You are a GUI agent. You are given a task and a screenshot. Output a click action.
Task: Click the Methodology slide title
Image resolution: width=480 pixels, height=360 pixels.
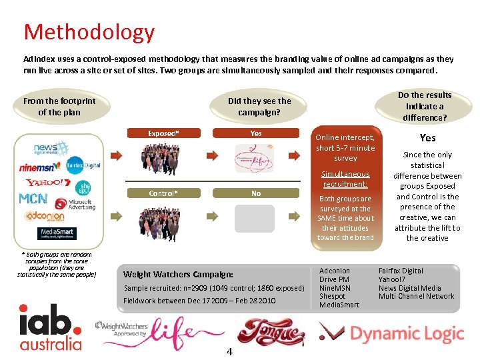pyautogui.click(x=89, y=32)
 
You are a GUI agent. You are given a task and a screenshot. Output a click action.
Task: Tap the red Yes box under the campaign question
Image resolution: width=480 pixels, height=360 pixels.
pyautogui.click(x=255, y=133)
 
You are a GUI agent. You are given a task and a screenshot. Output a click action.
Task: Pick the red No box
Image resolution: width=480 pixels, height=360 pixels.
pyautogui.click(x=255, y=193)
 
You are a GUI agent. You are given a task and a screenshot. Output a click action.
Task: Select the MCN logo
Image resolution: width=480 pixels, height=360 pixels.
pyautogui.click(x=33, y=199)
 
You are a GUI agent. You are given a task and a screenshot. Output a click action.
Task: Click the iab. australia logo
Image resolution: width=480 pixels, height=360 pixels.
pyautogui.click(x=51, y=327)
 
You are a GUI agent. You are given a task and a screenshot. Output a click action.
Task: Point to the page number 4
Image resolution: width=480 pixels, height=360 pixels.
pyautogui.click(x=229, y=351)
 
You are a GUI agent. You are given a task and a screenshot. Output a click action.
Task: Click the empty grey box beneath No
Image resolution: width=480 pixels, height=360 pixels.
pyautogui.click(x=254, y=219)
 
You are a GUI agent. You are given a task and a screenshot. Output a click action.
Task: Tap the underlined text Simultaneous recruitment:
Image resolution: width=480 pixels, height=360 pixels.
pyautogui.click(x=345, y=179)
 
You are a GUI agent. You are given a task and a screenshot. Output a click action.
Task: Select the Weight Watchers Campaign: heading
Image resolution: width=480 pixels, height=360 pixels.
pyautogui.click(x=179, y=275)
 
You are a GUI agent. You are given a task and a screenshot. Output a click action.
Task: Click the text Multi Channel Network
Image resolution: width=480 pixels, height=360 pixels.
pyautogui.click(x=416, y=296)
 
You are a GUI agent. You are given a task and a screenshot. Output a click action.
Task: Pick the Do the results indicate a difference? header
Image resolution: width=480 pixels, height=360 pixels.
pyautogui.click(x=425, y=107)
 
